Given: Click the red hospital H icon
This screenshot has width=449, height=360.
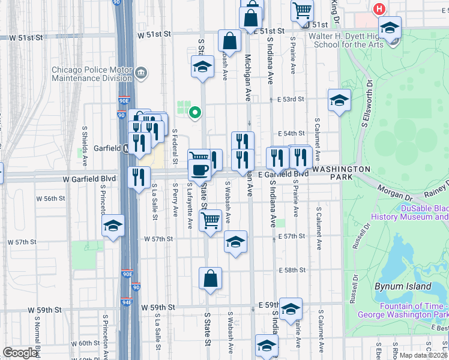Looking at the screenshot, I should tap(379, 9).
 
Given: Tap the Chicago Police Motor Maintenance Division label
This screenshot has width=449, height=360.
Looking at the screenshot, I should tap(92, 74).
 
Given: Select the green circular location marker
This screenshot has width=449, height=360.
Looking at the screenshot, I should tap(194, 112).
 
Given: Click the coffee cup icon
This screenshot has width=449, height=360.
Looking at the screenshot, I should tap(199, 169).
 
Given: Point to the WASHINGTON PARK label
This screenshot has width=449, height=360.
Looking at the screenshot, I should tap(342, 170).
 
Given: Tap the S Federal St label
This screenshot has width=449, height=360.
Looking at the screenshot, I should tap(175, 146).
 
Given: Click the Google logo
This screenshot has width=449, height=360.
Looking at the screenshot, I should tap(20, 353).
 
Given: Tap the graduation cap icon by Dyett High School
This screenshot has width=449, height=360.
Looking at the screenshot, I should tap(390, 28).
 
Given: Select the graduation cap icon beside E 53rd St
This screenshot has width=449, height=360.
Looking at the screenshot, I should tap(339, 100).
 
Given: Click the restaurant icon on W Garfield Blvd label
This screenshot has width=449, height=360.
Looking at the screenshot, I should tap(139, 176).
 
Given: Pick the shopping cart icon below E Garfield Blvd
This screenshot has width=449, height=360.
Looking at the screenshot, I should tap(209, 220).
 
